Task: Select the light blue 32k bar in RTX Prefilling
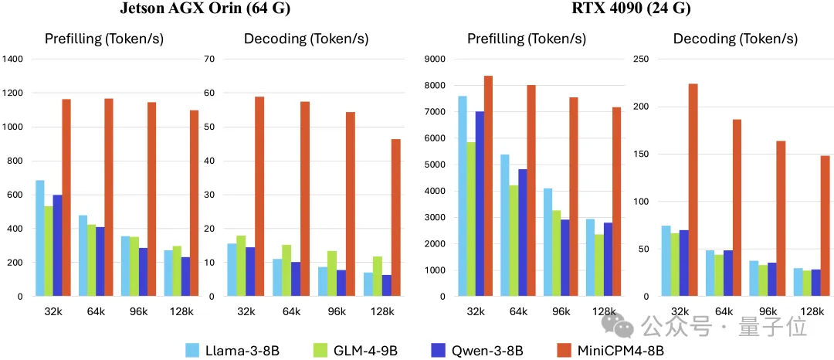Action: tap(461, 196)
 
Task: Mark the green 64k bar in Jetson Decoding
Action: tap(286, 270)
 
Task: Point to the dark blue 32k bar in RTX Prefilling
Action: tap(479, 204)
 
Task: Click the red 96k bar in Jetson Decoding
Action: tap(351, 204)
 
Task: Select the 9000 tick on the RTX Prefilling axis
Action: tap(436, 59)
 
